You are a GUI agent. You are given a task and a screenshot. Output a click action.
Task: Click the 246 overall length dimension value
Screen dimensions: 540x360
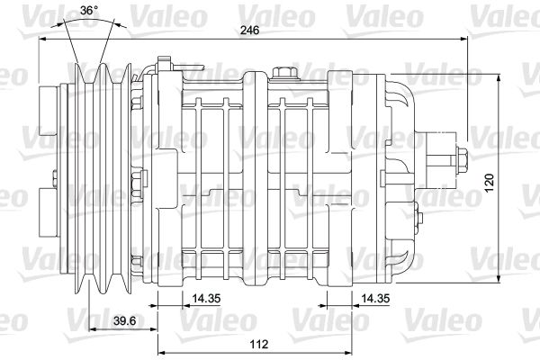(x=249, y=31)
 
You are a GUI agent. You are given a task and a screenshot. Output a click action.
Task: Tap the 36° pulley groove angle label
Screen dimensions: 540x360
(x=89, y=10)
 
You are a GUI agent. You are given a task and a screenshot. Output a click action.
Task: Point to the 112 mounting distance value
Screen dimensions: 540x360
(x=258, y=344)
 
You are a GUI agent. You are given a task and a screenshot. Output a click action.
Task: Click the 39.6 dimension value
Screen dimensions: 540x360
(x=125, y=320)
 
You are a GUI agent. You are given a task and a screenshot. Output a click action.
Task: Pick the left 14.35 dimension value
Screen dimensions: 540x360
(x=206, y=298)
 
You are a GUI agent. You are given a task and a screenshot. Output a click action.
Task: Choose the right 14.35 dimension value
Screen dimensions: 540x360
(x=375, y=298)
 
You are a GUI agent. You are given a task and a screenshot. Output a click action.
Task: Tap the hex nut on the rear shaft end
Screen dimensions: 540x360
(x=462, y=160)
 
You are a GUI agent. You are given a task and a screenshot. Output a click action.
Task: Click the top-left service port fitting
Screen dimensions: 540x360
(x=165, y=65)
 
